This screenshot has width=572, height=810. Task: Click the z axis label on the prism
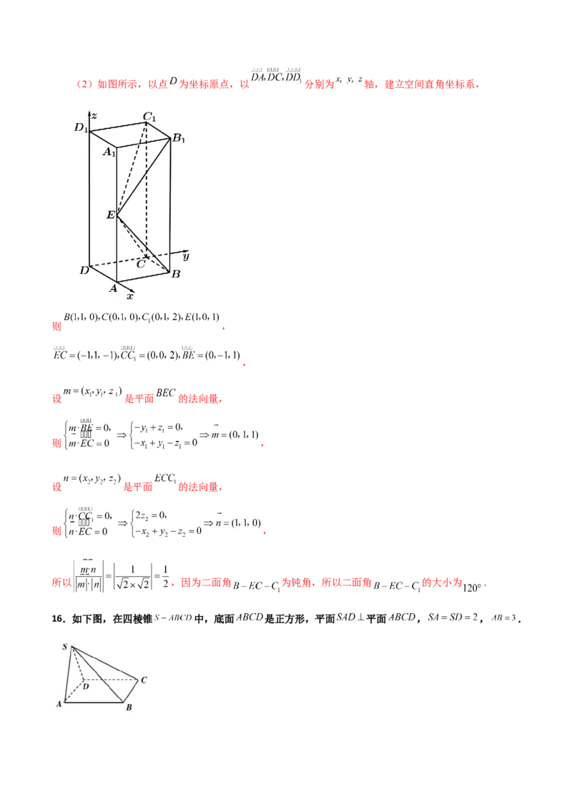(x=95, y=115)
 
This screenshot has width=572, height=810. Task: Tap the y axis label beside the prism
(x=185, y=255)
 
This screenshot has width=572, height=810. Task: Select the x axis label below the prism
(x=130, y=295)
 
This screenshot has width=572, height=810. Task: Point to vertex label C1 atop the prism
(x=149, y=116)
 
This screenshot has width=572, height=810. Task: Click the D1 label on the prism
(x=82, y=129)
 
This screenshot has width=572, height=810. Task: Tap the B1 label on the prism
(x=178, y=139)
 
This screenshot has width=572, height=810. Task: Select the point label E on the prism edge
(x=110, y=215)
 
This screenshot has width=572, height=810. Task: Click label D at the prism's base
(x=84, y=270)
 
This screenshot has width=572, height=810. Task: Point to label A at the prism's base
(x=112, y=288)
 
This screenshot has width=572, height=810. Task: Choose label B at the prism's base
(x=176, y=273)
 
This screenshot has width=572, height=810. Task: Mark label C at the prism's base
(x=142, y=264)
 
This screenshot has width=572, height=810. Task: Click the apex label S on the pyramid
(x=65, y=648)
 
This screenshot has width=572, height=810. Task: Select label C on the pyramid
(x=144, y=680)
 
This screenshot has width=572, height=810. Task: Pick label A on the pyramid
(x=59, y=704)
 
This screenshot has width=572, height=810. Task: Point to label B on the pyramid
(x=129, y=708)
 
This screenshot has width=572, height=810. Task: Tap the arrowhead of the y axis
(x=178, y=251)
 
